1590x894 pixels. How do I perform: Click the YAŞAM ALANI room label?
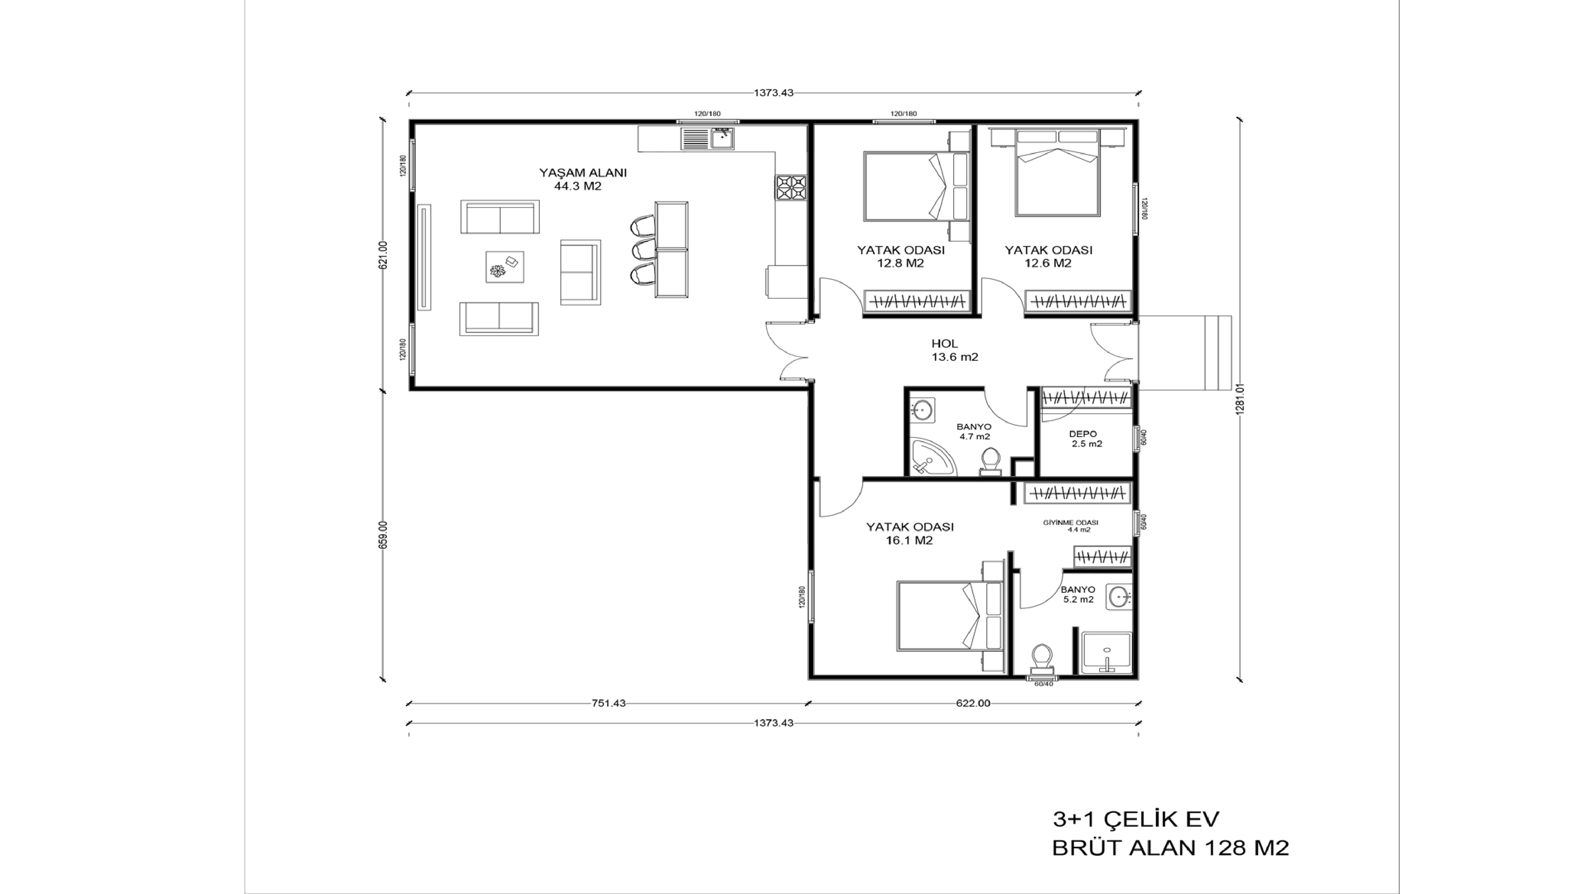[x=583, y=173]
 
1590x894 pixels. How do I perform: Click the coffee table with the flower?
[x=505, y=267]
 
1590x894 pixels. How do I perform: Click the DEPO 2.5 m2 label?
[x=1086, y=439]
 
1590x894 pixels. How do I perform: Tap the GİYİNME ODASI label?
[x=1071, y=522]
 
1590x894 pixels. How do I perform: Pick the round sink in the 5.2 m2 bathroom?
[x=1119, y=597]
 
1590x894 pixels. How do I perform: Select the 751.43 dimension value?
[x=609, y=703]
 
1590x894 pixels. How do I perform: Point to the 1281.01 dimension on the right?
[x=1241, y=400]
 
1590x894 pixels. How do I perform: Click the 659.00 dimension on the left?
[x=383, y=534]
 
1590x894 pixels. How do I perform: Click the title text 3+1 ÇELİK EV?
[x=1136, y=819]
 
